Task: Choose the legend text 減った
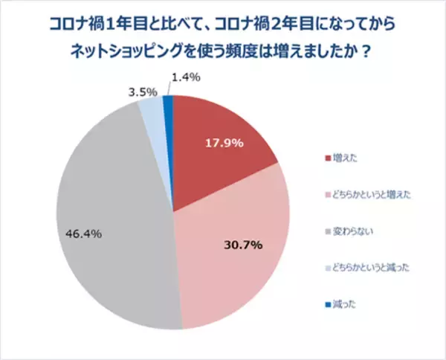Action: tap(344, 303)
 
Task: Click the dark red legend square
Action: tap(327, 158)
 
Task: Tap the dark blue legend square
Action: tap(327, 303)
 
